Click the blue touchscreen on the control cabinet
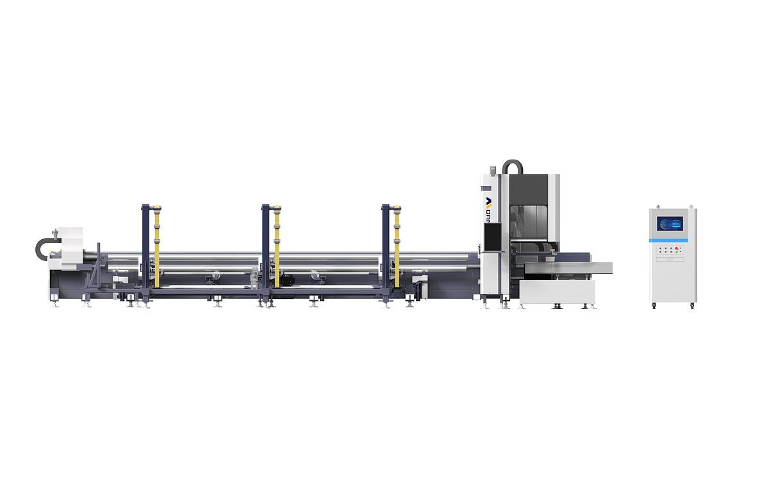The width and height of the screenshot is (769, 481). (670, 224)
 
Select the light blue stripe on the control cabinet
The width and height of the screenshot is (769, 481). (672, 240)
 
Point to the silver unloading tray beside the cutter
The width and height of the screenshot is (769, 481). (570, 267)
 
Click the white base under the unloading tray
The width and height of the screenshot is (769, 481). (556, 292)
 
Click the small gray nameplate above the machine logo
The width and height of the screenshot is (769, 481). (486, 189)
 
